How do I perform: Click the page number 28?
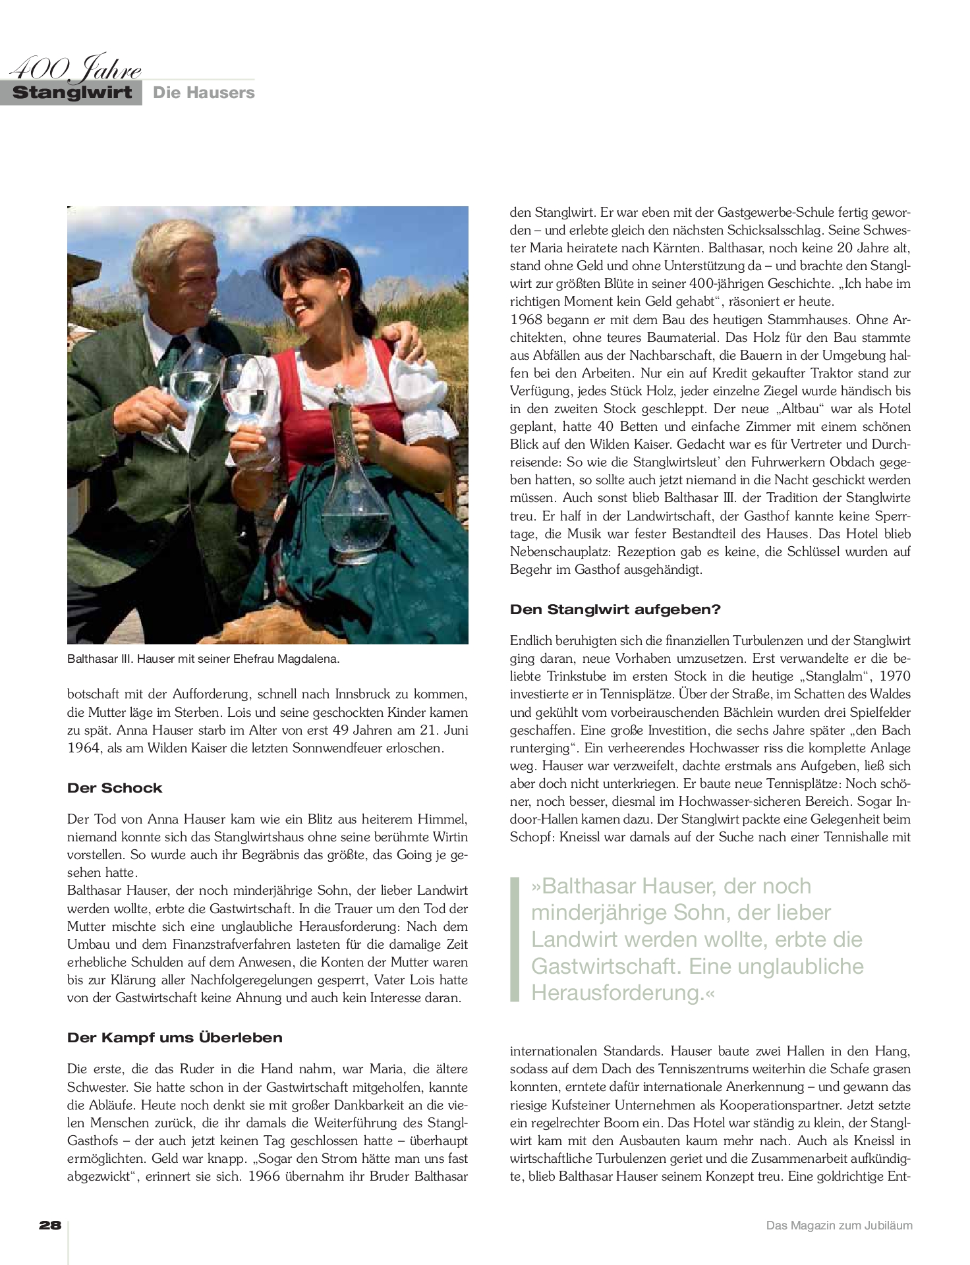tap(50, 1225)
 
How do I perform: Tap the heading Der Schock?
tap(115, 788)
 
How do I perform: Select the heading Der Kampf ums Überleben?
tap(175, 1038)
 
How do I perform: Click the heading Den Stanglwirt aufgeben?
tap(615, 609)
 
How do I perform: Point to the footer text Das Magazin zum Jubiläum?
tap(839, 1225)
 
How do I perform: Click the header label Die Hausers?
tap(204, 93)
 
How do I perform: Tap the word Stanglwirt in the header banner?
tap(72, 93)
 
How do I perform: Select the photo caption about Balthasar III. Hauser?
tap(203, 658)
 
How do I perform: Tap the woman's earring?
tap(341, 298)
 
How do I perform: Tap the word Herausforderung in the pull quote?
tap(617, 992)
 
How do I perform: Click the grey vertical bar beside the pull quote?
tap(515, 939)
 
